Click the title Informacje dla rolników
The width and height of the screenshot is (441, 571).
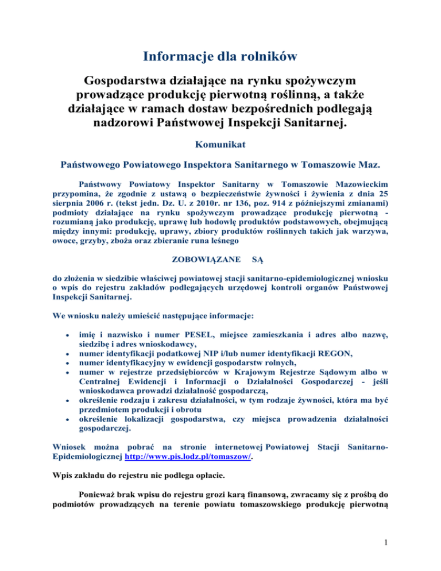click(220, 55)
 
